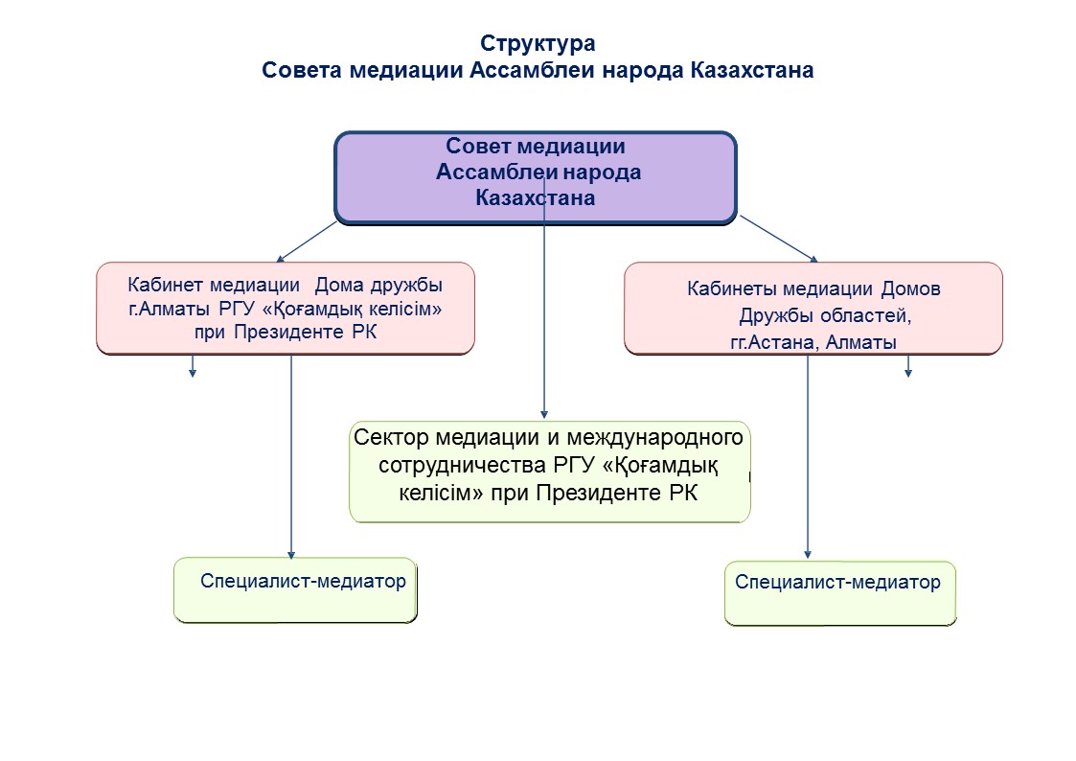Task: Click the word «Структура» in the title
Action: tap(538, 44)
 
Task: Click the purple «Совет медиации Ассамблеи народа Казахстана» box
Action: tap(536, 177)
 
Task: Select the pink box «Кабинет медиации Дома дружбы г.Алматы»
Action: tap(286, 308)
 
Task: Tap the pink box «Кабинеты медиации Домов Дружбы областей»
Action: tap(813, 308)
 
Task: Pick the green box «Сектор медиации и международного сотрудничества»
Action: tap(550, 473)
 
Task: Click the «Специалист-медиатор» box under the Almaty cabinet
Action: tap(295, 590)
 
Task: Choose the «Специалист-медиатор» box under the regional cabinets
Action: tap(840, 593)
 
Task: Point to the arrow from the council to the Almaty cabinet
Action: tap(306, 242)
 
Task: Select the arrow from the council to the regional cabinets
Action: tap(779, 239)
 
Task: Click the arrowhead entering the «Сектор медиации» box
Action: tap(544, 414)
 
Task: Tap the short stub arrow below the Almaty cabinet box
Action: tap(193, 366)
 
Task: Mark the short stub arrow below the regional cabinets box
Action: tap(908, 366)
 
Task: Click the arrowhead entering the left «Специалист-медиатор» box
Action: tap(291, 554)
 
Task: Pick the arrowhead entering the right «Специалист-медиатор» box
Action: tap(808, 554)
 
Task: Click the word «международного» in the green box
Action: tap(654, 437)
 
